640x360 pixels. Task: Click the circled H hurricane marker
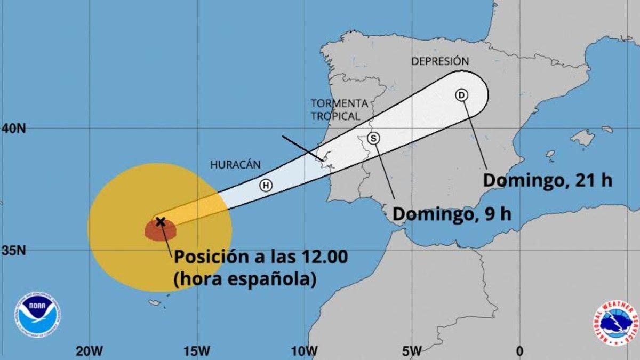point(266,186)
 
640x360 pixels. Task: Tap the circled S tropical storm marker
point(374,138)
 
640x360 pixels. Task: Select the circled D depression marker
point(461,95)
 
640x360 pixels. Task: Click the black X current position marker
point(159,221)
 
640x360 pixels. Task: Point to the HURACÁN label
point(235,165)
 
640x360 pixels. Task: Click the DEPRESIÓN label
point(440,61)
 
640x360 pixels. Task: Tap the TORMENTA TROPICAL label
point(339,109)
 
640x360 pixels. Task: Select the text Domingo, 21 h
point(547,180)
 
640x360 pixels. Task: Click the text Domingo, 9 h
point(452,214)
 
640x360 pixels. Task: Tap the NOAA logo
point(37,314)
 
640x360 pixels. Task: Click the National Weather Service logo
point(615,322)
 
